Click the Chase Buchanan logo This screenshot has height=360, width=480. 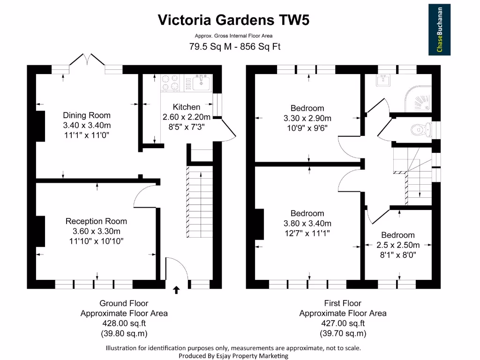[x=439, y=30]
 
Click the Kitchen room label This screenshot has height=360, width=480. [x=187, y=107]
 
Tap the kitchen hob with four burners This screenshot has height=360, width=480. [x=170, y=82]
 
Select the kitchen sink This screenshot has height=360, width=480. [x=201, y=82]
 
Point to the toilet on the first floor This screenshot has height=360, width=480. [x=421, y=130]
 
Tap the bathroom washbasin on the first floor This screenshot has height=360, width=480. [x=383, y=80]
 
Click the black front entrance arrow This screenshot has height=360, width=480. [x=176, y=290]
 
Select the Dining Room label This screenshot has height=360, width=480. [x=87, y=115]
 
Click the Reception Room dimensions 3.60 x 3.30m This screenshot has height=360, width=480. [x=97, y=231]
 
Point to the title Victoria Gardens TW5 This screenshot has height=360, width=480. [x=233, y=20]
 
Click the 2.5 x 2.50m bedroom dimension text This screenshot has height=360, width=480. [x=398, y=245]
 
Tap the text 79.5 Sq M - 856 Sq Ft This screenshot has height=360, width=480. [x=235, y=46]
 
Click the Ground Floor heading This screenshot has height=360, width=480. [x=124, y=303]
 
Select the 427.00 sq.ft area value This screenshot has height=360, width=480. [x=343, y=323]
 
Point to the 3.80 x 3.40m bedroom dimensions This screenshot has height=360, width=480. [x=307, y=224]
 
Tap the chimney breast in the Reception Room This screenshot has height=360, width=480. [x=41, y=231]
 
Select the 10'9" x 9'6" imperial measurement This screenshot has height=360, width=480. [x=307, y=128]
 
